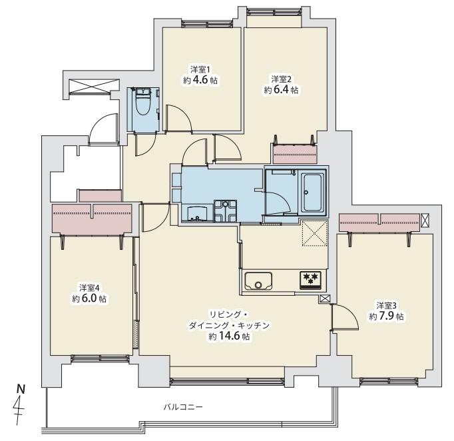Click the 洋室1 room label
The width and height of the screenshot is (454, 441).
(x=200, y=69)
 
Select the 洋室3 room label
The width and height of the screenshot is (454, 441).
(x=386, y=306)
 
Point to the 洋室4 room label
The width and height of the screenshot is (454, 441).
(x=89, y=288)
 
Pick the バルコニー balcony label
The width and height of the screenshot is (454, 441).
(x=183, y=406)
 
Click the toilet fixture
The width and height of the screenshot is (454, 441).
(x=142, y=105)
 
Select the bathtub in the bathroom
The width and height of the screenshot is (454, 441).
(x=312, y=191)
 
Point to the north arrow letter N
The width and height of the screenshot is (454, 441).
(x=22, y=387)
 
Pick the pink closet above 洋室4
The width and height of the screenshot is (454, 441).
(x=93, y=219)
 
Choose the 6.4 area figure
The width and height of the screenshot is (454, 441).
(x=286, y=89)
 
